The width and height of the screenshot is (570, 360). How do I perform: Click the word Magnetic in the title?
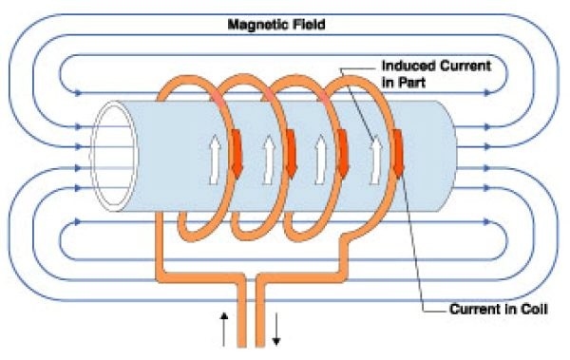pyautogui.click(x=254, y=25)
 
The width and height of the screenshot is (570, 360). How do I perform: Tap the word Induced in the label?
pyautogui.click(x=408, y=66)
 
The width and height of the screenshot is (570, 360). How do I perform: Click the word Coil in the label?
pyautogui.click(x=534, y=309)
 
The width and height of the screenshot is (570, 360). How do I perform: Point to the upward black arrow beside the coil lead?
pyautogui.click(x=224, y=329)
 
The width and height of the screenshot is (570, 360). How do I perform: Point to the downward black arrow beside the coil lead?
pyautogui.click(x=276, y=329)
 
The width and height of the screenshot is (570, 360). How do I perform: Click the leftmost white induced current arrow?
pyautogui.click(x=216, y=160)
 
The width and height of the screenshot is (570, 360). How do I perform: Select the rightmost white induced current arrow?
pyautogui.click(x=376, y=160)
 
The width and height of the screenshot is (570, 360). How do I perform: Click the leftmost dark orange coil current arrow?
pyautogui.click(x=237, y=154)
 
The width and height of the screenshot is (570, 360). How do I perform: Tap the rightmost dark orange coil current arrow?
pyautogui.click(x=398, y=154)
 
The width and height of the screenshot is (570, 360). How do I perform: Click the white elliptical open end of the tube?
pyautogui.click(x=114, y=156)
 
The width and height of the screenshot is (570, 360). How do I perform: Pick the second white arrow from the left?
pyautogui.click(x=269, y=160)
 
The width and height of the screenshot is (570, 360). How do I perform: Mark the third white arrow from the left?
pyautogui.click(x=321, y=160)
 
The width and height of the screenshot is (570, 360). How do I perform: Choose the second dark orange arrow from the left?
pyautogui.click(x=292, y=154)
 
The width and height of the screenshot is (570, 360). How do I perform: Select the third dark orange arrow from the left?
pyautogui.click(x=343, y=154)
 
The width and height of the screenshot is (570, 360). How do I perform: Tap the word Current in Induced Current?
pyautogui.click(x=465, y=66)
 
